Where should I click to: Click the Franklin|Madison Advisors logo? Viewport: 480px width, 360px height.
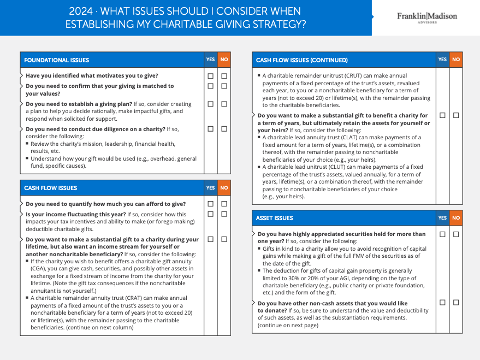(x=426, y=17)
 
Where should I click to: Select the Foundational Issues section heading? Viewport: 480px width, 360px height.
(x=56, y=60)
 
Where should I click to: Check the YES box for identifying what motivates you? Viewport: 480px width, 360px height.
(x=210, y=76)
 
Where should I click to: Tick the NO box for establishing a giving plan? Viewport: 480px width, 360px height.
(x=224, y=104)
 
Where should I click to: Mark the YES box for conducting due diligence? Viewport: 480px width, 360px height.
(x=210, y=129)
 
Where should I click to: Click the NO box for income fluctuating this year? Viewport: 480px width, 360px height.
(x=224, y=214)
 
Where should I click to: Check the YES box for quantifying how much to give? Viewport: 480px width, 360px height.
(x=210, y=204)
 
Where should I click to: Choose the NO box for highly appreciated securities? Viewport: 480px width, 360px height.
(x=456, y=234)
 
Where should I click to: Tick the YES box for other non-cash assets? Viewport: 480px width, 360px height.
(x=442, y=303)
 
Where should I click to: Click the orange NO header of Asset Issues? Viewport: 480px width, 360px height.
(x=456, y=218)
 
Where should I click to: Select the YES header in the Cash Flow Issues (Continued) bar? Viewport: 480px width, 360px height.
(x=442, y=60)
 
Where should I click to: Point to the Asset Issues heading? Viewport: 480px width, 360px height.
(x=274, y=218)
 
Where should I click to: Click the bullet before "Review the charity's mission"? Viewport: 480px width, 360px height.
(x=27, y=144)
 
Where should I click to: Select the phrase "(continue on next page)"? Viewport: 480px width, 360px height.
(x=288, y=326)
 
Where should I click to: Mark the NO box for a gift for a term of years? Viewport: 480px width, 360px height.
(x=456, y=115)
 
